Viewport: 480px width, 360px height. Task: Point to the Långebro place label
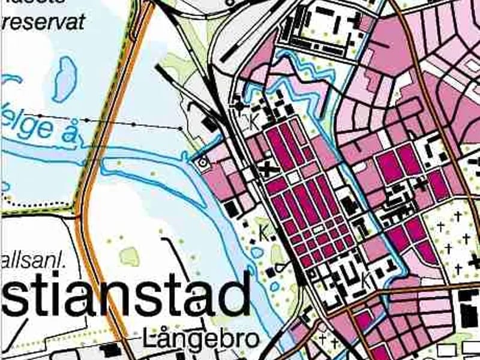click(x=202, y=340)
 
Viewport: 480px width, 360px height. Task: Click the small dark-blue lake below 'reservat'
click(x=64, y=79)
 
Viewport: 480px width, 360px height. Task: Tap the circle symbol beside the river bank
click(x=203, y=161)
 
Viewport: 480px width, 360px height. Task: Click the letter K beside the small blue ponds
click(x=263, y=230)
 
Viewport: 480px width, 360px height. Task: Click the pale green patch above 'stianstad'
click(x=129, y=256)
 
